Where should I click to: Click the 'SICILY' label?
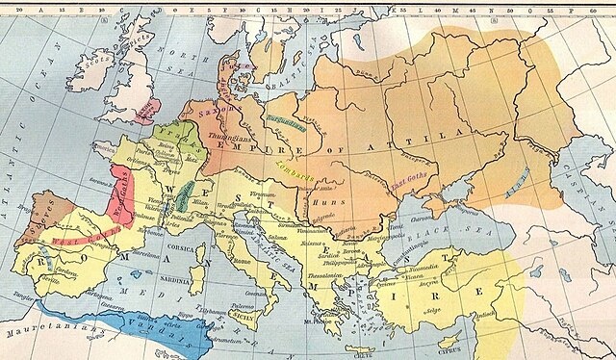(245, 313)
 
